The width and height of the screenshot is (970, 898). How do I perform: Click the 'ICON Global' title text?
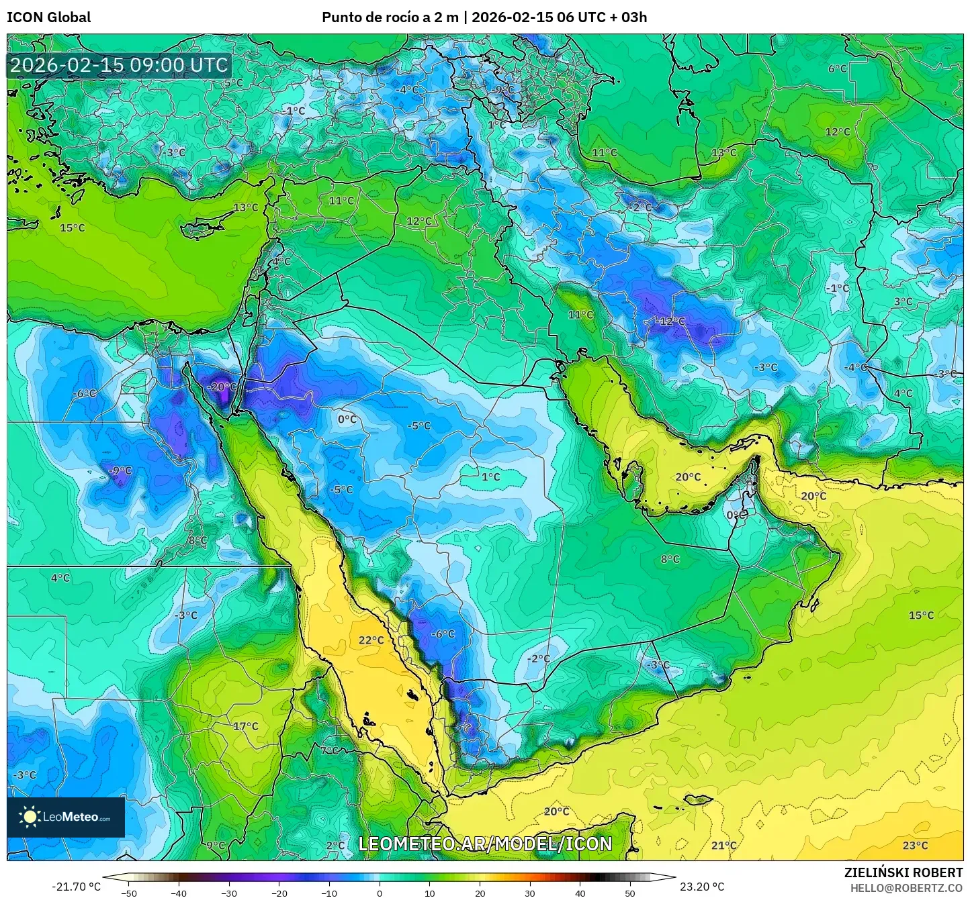coord(48,17)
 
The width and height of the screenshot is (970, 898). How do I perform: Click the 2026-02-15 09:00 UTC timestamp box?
coord(119,65)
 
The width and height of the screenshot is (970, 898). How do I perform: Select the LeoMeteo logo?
coord(66,817)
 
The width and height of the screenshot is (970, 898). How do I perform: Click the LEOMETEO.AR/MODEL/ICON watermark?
coord(485,844)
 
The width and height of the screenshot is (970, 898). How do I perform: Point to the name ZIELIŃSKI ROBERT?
coord(903,872)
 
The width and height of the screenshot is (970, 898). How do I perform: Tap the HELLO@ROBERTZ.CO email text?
coord(906,887)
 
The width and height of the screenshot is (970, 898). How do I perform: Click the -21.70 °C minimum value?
coord(76,887)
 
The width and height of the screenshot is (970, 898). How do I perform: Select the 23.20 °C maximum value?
coord(702,887)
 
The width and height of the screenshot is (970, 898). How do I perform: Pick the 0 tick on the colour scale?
coord(380,893)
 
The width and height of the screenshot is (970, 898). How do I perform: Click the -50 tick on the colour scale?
coord(128,893)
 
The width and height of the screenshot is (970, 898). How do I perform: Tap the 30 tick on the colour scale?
coord(530,893)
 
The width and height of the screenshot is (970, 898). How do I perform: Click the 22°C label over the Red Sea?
coord(371,640)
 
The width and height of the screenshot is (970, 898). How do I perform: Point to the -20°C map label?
coord(222,387)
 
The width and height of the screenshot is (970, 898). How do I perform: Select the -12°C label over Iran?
coord(671,321)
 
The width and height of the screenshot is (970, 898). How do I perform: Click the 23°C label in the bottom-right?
coord(915,845)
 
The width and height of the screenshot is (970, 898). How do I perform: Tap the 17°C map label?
coord(245,726)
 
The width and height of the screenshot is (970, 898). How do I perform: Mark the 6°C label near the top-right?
coord(838,68)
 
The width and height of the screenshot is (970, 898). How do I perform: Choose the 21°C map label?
coord(723,845)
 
